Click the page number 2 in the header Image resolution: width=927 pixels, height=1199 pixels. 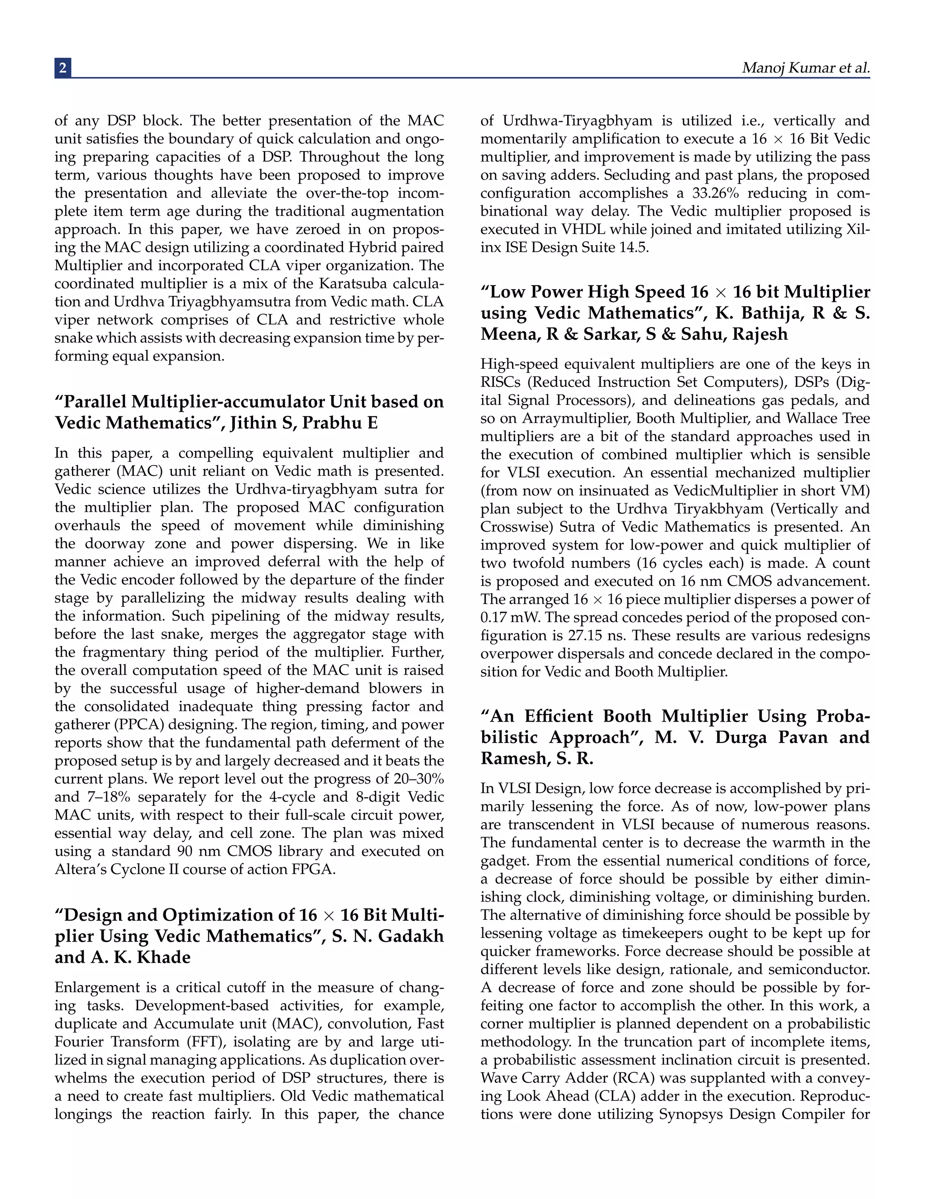62,67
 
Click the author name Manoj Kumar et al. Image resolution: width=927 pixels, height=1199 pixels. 805,67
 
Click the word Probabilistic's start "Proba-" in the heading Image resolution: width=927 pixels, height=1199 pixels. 843,716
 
